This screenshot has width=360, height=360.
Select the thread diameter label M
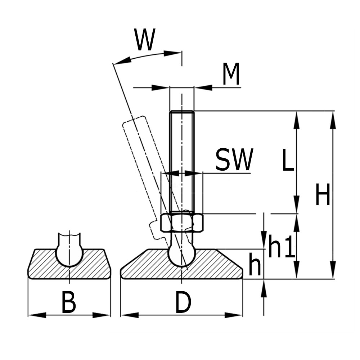pyautogui.click(x=231, y=75)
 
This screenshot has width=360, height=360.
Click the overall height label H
pyautogui.click(x=323, y=195)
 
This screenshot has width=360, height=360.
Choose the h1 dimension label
pyautogui.click(x=282, y=248)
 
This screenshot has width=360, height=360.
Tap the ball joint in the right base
pyautogui.click(x=182, y=254)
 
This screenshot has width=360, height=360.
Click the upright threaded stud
pyautogui.click(x=182, y=162)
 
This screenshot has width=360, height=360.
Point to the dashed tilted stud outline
pyautogui.click(x=139, y=151)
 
